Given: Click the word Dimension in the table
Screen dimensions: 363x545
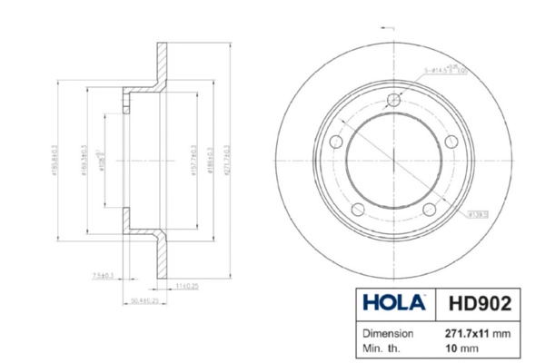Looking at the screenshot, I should pos(390,333).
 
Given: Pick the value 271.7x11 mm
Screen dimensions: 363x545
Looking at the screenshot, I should pos(476,333).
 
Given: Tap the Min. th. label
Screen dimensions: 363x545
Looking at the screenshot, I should pos(383,348).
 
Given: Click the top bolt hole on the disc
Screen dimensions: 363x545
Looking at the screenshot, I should pos(393,101).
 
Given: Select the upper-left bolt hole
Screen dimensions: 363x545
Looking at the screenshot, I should pos(335,143).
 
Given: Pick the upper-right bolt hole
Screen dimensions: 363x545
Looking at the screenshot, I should pos(451,142).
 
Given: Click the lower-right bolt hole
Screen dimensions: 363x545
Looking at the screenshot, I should pos(430,211).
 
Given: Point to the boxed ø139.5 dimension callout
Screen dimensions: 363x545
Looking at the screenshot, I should pos(480,215).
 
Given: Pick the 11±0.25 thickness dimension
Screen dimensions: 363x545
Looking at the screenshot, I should pos(187,285).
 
